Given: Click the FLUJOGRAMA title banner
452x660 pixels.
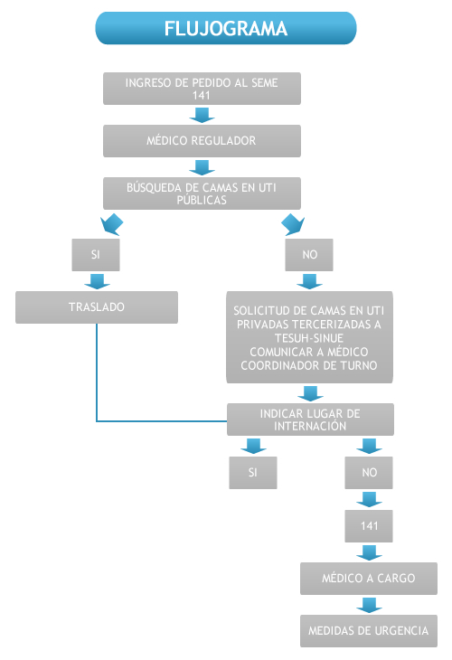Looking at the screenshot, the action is [226, 28].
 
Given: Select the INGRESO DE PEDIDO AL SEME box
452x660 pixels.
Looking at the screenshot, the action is [202, 89].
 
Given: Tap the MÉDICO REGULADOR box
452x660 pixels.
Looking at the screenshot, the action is [202, 141].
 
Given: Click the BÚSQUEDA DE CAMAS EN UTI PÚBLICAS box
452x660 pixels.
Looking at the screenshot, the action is [202, 193].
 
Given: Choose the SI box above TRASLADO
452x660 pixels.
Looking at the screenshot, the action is [96, 255].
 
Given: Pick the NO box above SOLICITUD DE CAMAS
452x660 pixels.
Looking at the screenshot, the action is [309, 255].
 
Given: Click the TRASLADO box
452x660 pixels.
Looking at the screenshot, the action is [97, 307].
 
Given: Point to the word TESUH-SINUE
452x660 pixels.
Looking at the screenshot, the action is [309, 338].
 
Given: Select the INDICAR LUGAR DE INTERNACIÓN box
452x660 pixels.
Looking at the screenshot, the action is [311, 420].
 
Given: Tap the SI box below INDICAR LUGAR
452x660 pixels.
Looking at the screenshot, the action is [253, 473].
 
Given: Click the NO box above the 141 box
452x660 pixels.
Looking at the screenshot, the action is [369, 473].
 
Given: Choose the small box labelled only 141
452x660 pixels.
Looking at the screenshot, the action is [369, 526].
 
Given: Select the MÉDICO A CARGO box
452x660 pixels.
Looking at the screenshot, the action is [369, 579].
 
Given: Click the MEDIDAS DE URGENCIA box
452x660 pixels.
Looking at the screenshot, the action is [369, 631].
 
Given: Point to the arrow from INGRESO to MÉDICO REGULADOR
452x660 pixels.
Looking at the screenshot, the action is [202, 115].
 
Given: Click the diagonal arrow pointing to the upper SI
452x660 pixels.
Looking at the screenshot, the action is [112, 224].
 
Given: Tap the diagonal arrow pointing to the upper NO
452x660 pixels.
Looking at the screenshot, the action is [293, 224].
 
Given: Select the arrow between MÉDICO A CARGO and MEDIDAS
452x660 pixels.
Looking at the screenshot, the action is [369, 605].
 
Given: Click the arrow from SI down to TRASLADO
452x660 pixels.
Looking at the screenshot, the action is [97, 281].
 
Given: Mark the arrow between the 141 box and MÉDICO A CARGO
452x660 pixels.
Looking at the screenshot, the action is [369, 552].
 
